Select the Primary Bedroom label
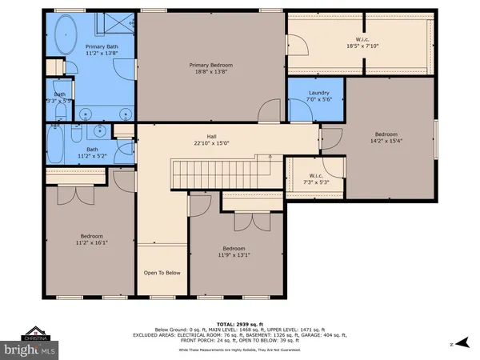(x=211, y=69)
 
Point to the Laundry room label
(x=318, y=97)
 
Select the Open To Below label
(x=162, y=273)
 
